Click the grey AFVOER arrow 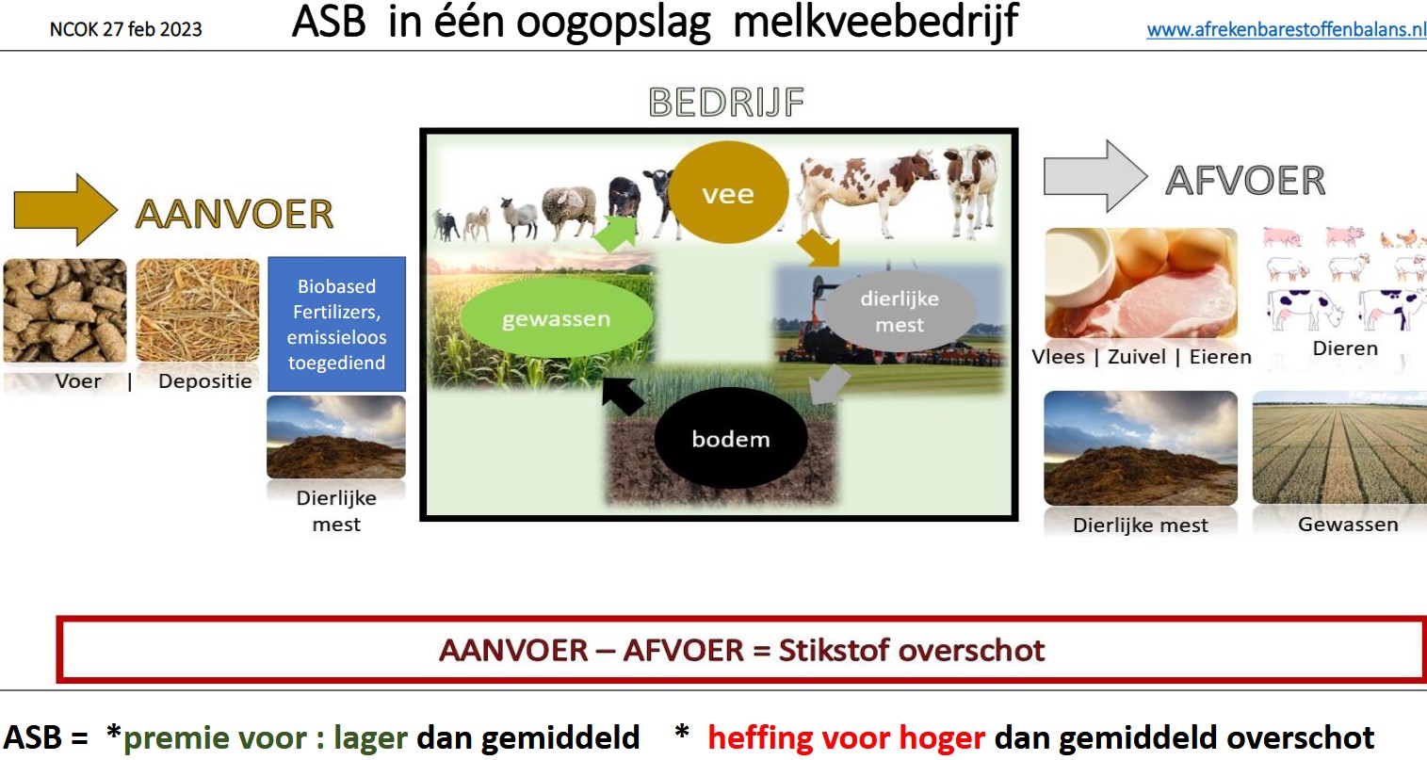1095,176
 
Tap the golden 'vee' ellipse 729,192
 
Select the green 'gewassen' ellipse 556,317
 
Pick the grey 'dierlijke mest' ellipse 900,311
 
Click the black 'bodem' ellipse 731,438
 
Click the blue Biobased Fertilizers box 336,324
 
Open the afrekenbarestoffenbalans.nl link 1286,29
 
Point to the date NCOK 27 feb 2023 125,29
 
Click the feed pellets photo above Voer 65,310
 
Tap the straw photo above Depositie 198,310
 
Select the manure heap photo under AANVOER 336,437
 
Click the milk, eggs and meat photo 1141,283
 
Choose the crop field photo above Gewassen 1339,448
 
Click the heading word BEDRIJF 726,102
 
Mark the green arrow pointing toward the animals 615,234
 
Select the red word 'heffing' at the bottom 760,738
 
